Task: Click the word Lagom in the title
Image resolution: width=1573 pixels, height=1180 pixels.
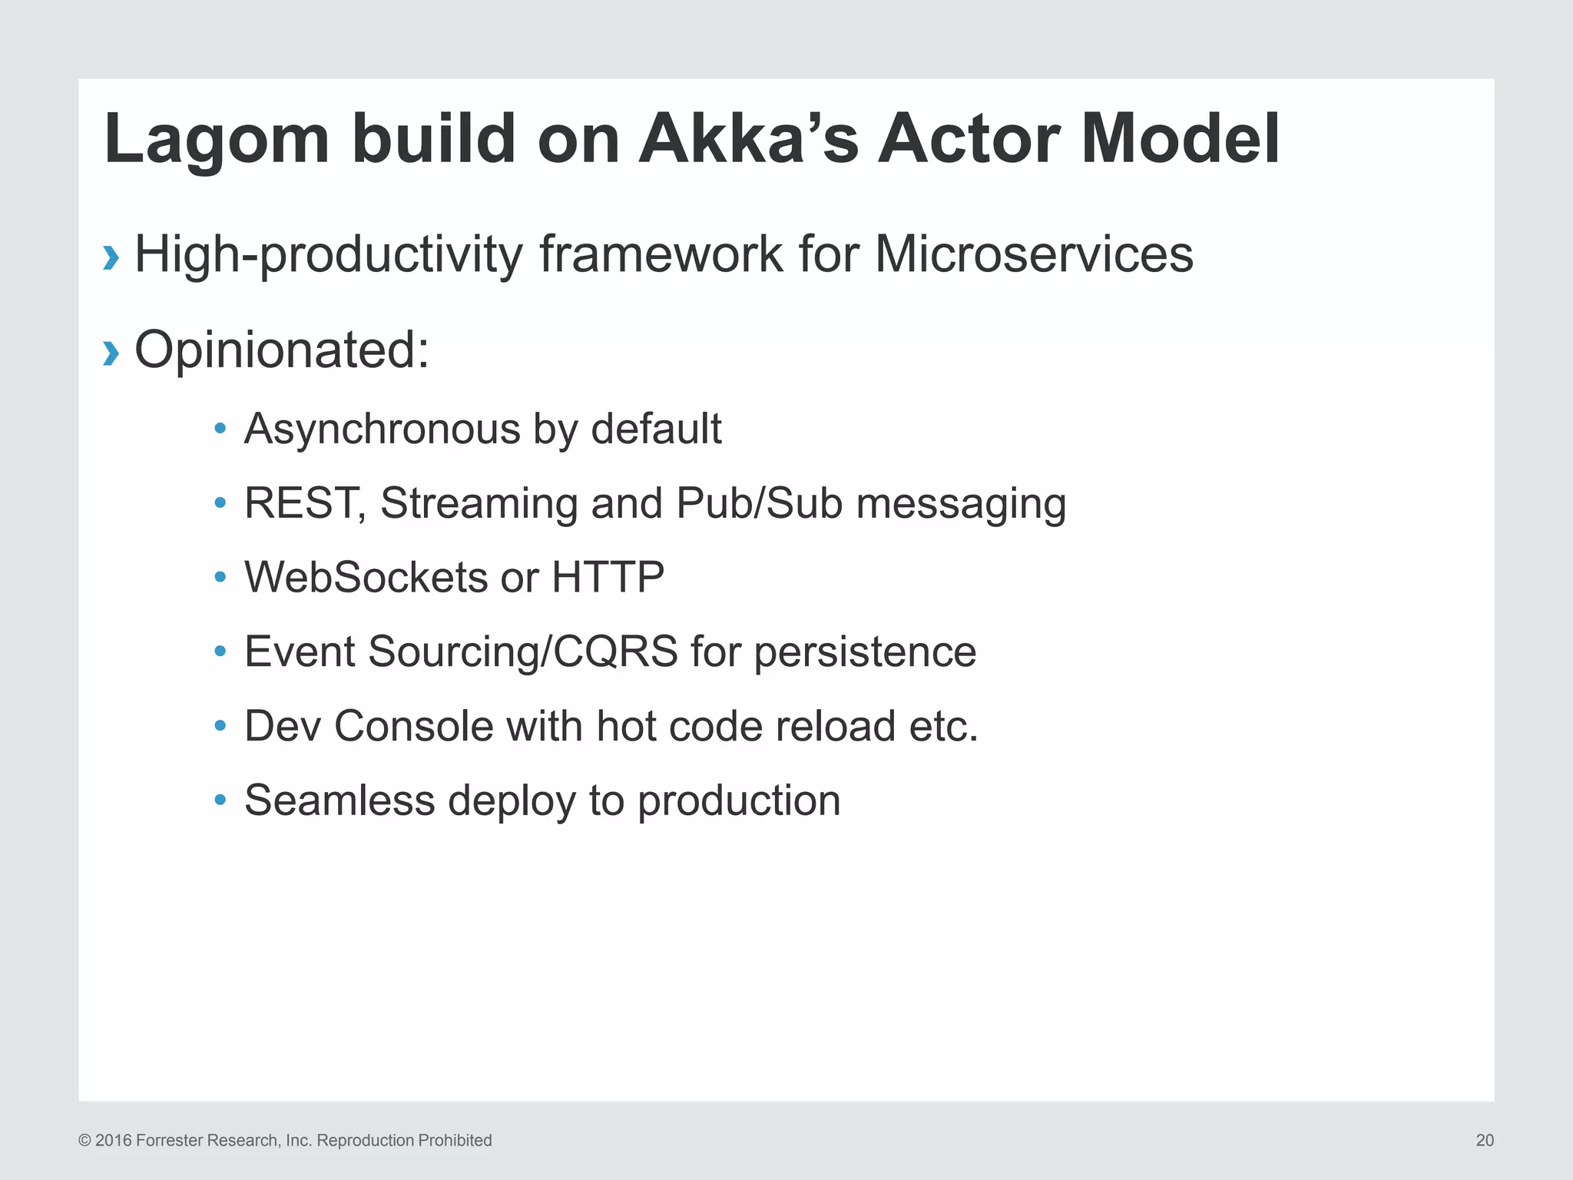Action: [x=217, y=141]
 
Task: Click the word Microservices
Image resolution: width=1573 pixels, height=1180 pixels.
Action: [x=1034, y=254]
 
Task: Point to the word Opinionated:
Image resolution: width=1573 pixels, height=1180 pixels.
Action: [x=282, y=350]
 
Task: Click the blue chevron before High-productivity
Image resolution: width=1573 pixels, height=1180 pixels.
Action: [x=111, y=257]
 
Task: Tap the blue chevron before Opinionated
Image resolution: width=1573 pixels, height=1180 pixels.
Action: [x=111, y=353]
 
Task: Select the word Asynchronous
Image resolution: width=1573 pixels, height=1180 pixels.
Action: [x=382, y=429]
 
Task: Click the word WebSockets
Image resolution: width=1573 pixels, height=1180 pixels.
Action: [x=366, y=578]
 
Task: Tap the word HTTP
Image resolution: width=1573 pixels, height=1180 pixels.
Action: [x=608, y=578]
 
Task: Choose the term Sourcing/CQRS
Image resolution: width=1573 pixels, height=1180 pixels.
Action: [x=523, y=652]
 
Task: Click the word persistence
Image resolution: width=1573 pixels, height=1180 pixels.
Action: [x=865, y=652]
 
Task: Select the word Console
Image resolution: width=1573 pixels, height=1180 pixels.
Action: [x=413, y=727]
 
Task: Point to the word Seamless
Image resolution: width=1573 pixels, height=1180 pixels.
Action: [x=339, y=800]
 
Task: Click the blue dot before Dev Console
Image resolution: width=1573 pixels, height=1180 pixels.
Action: [x=220, y=725]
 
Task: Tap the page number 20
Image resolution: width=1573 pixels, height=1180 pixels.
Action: [x=1484, y=1140]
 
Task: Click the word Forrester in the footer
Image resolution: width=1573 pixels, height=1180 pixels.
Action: [x=170, y=1140]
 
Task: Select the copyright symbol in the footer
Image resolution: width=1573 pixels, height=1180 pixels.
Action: [x=84, y=1141]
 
